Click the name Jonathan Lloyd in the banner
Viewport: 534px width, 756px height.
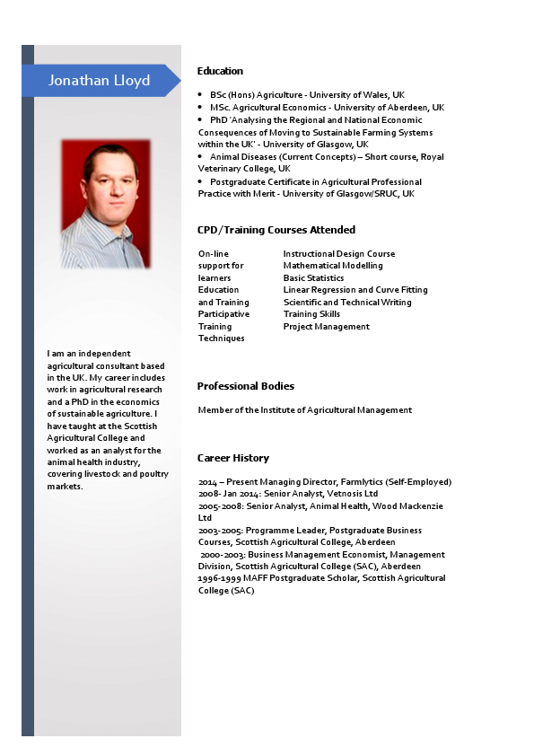99,81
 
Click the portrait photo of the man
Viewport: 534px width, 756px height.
105,204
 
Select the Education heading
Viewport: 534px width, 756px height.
220,71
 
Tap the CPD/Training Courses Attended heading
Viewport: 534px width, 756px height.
276,230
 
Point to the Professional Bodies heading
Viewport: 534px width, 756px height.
245,386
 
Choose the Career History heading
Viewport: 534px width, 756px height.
232,458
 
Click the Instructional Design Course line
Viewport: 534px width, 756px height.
338,253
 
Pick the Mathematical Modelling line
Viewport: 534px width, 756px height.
332,266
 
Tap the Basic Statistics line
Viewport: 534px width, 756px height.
313,278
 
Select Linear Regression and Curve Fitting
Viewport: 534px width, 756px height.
355,290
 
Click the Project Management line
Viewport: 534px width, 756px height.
326,327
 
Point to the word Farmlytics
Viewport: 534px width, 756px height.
362,482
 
